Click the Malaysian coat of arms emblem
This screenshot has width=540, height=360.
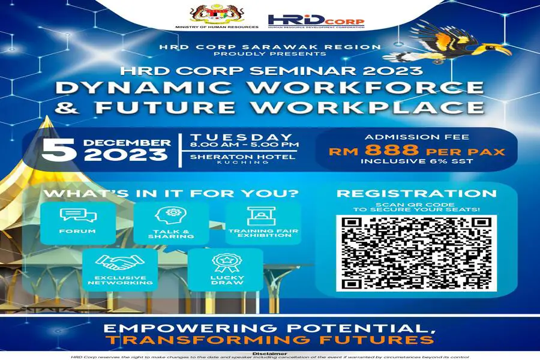click(x=216, y=13)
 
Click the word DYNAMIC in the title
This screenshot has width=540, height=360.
click(x=143, y=88)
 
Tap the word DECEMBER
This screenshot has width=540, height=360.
click(x=127, y=142)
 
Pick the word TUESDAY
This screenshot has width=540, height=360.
click(x=241, y=137)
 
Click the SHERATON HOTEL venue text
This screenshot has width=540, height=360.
click(x=243, y=157)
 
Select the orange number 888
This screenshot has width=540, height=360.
click(x=392, y=150)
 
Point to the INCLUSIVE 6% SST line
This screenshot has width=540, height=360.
click(x=417, y=161)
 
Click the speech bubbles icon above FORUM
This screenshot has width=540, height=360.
click(x=78, y=215)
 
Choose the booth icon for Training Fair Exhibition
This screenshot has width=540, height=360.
click(x=262, y=216)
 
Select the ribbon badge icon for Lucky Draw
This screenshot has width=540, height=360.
click(x=226, y=263)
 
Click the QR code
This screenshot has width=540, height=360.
click(x=416, y=253)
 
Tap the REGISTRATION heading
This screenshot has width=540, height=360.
click(x=417, y=193)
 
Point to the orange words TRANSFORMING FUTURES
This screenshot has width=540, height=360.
click(x=269, y=340)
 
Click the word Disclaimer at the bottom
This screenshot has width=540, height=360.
click(x=269, y=354)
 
